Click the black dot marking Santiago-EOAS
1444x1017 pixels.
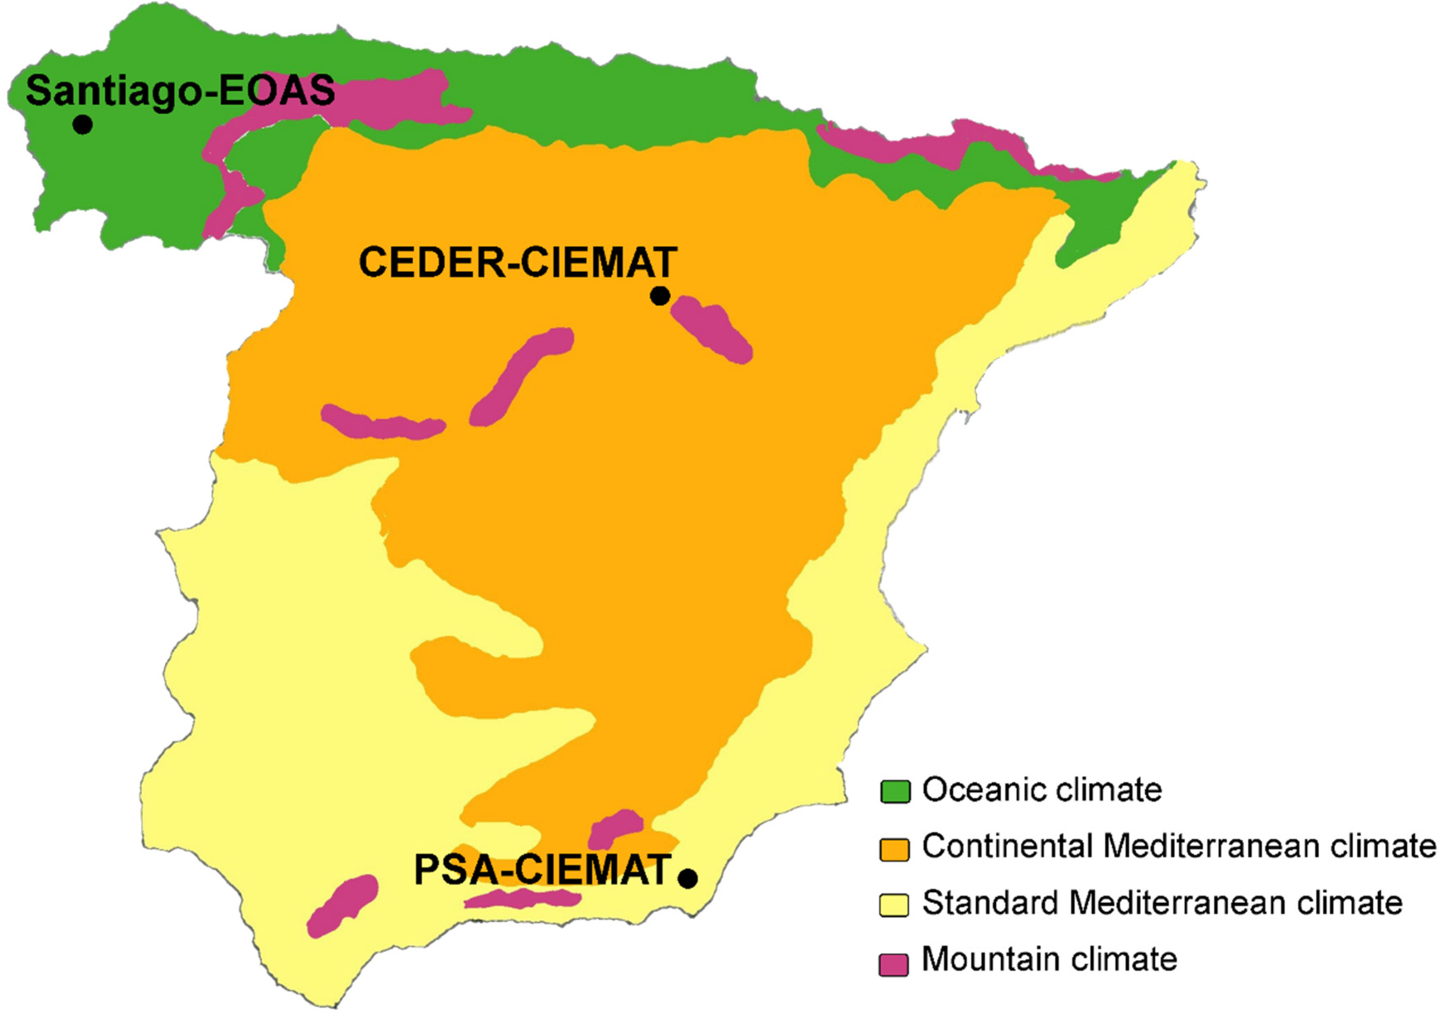[82, 124]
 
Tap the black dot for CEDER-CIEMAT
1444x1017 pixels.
[659, 295]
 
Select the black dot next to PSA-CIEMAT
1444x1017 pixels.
[688, 878]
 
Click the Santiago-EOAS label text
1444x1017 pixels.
[180, 90]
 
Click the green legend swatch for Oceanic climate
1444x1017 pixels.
[894, 791]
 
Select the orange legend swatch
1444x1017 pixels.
[894, 849]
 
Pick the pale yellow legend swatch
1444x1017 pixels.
[894, 905]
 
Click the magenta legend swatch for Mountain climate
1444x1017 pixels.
[894, 963]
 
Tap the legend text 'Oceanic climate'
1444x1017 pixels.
[1042, 790]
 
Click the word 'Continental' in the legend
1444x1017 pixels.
[1006, 847]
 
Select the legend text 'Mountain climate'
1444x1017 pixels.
[1049, 960]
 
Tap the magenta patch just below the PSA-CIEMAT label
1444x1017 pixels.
[522, 899]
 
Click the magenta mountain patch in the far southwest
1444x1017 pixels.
[343, 905]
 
